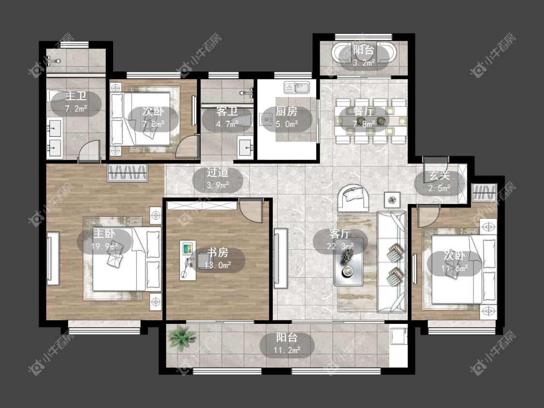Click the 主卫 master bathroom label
click(76, 96)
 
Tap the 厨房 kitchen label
click(287, 111)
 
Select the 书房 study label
click(218, 252)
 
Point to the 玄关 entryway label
click(439, 175)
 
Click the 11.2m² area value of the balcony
click(287, 350)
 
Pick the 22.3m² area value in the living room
click(340, 246)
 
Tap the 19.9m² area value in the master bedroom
click(104, 247)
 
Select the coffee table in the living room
click(349, 262)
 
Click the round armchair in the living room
click(353, 198)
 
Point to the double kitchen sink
click(296, 87)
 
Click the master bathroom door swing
click(89, 151)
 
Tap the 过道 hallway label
click(218, 173)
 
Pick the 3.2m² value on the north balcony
click(364, 63)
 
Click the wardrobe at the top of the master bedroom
click(128, 173)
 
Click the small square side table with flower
click(392, 200)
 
